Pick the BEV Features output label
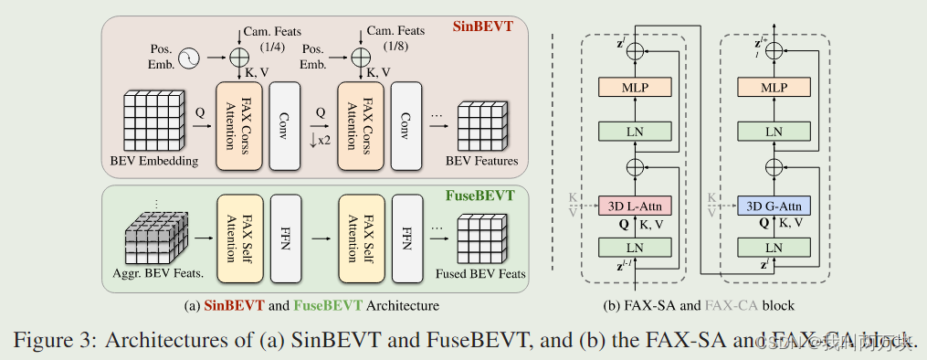pos(481,162)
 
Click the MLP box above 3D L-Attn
pos(637,87)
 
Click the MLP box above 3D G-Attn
pos(773,87)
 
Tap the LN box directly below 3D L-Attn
pos(637,247)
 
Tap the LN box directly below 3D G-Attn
pos(773,247)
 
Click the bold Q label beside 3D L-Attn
pos(622,222)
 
